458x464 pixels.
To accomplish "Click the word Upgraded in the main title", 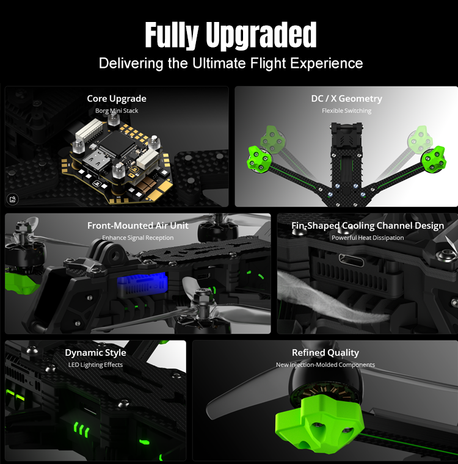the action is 261,35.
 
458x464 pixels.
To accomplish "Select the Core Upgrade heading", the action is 117,98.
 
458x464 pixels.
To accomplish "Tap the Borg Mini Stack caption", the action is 117,111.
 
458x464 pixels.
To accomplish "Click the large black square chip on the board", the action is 117,145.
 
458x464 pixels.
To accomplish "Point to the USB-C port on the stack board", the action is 94,163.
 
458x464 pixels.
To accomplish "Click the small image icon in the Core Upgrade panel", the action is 12,199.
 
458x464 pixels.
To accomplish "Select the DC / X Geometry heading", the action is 347,98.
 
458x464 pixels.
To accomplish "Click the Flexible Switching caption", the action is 347,111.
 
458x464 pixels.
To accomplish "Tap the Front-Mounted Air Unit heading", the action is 137,226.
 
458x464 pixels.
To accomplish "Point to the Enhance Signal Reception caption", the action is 137,237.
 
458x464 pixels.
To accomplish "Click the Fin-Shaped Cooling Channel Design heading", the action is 368,226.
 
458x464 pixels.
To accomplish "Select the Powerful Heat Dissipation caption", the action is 368,237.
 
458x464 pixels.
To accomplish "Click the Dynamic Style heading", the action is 95,353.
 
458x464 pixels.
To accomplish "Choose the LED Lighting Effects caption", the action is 95,365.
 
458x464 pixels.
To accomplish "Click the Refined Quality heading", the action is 325,353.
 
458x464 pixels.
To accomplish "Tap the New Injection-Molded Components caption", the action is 325,365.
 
